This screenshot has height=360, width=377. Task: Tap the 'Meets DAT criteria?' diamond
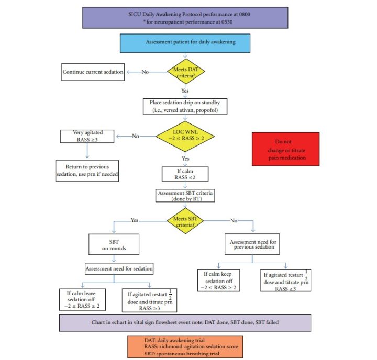point(186,72)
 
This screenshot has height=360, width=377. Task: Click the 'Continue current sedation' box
point(93,72)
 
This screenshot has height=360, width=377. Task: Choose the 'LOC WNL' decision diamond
point(186,137)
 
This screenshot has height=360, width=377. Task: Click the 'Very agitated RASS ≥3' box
point(86,137)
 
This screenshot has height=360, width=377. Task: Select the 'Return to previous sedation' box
point(86,171)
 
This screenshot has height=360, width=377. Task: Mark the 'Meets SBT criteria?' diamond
point(186,220)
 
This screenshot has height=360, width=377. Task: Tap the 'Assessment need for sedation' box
point(119,269)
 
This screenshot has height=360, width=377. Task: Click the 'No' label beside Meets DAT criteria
point(146,72)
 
